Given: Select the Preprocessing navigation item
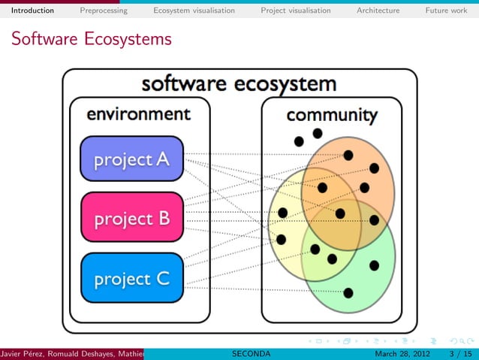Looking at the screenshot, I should click(104, 11).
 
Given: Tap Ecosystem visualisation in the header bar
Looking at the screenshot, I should click(194, 11).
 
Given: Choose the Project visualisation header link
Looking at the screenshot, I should click(296, 11).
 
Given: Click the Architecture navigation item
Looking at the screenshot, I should click(378, 11).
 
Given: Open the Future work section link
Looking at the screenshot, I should click(446, 11).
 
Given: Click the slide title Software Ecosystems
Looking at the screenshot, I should click(91, 39).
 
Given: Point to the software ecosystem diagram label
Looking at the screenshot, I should click(239, 83).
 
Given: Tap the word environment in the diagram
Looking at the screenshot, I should click(138, 114).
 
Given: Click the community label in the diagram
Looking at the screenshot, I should click(331, 115).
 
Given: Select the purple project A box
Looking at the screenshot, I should click(131, 159).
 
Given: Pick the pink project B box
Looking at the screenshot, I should click(131, 218).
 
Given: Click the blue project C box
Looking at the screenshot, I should click(131, 278).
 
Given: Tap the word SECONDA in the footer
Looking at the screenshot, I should click(251, 353).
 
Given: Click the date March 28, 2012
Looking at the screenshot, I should click(402, 353).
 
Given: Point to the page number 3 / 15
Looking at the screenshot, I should click(458, 353).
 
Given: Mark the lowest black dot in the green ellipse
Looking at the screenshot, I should click(348, 292).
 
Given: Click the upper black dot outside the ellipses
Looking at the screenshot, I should click(318, 133).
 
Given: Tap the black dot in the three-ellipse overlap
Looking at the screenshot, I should click(340, 213).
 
